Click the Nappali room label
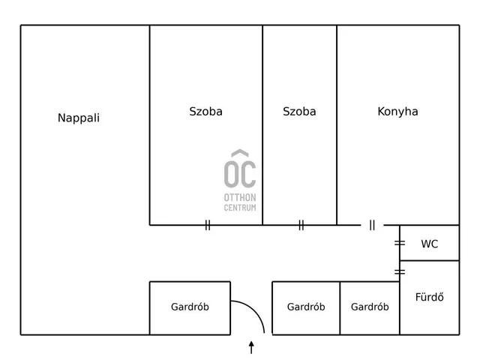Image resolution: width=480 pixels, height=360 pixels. pos(79,118)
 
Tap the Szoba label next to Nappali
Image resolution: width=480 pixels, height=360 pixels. pos(205,112)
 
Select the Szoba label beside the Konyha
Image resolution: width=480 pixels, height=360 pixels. pos(299,112)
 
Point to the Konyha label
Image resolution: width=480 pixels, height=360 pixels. pos(397,112)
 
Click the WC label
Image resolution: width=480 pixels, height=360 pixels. pos(430,244)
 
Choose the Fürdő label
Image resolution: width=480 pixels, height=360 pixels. pos(430,297)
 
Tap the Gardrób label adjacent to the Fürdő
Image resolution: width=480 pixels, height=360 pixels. pos(370,307)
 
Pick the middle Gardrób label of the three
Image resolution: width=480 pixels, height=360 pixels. pos(306,307)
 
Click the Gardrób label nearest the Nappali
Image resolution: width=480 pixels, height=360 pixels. pos(190,307)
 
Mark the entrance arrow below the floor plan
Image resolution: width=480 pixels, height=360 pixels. pos(251,347)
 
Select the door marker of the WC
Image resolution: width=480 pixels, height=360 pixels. pos(400,243)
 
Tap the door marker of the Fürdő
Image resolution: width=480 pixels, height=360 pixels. pos(400,271)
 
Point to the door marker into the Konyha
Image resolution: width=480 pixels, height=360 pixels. pos(372,225)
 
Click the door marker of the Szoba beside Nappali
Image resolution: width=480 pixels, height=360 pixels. pos(208,225)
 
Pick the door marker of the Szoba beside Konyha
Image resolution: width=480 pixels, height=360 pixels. pos(301,225)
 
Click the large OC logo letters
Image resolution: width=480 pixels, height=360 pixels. pos(240,174)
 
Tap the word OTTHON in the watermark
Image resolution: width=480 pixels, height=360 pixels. pos(240,197)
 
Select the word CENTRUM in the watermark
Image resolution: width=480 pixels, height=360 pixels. pos(240,208)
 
